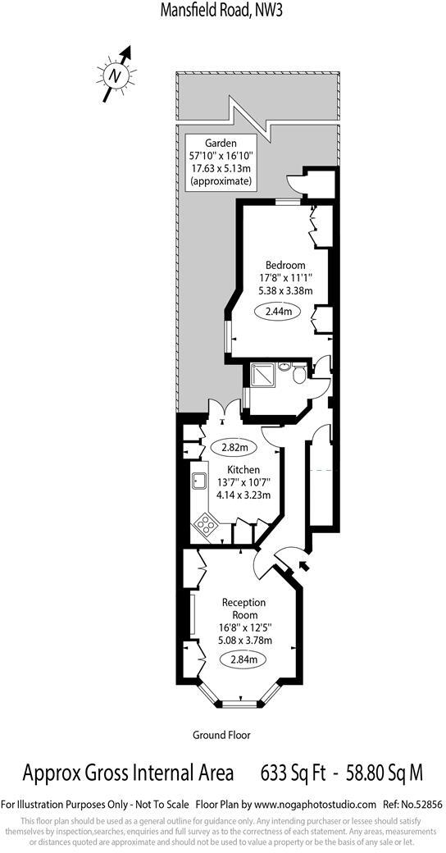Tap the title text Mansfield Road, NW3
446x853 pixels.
tap(222, 11)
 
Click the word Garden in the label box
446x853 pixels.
tap(221, 144)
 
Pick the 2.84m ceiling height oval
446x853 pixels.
tap(243, 659)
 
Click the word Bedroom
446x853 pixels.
tap(285, 265)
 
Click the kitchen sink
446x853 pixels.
tap(199, 481)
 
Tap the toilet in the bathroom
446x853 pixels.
tap(298, 374)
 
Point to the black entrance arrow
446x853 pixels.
tap(305, 565)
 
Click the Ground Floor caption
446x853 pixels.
tap(221, 735)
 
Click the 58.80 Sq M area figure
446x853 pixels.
tap(385, 772)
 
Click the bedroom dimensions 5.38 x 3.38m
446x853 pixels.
tap(284, 291)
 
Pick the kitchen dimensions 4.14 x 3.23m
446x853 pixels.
tap(243, 495)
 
